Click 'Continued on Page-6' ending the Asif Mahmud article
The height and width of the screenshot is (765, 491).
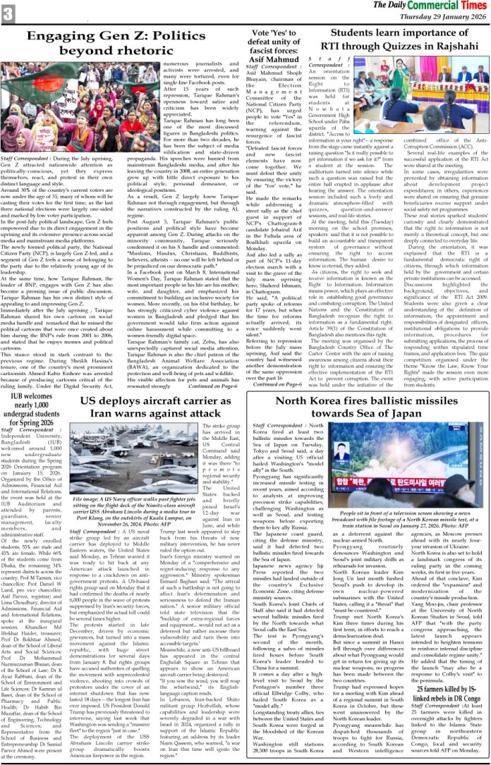[279, 384]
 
